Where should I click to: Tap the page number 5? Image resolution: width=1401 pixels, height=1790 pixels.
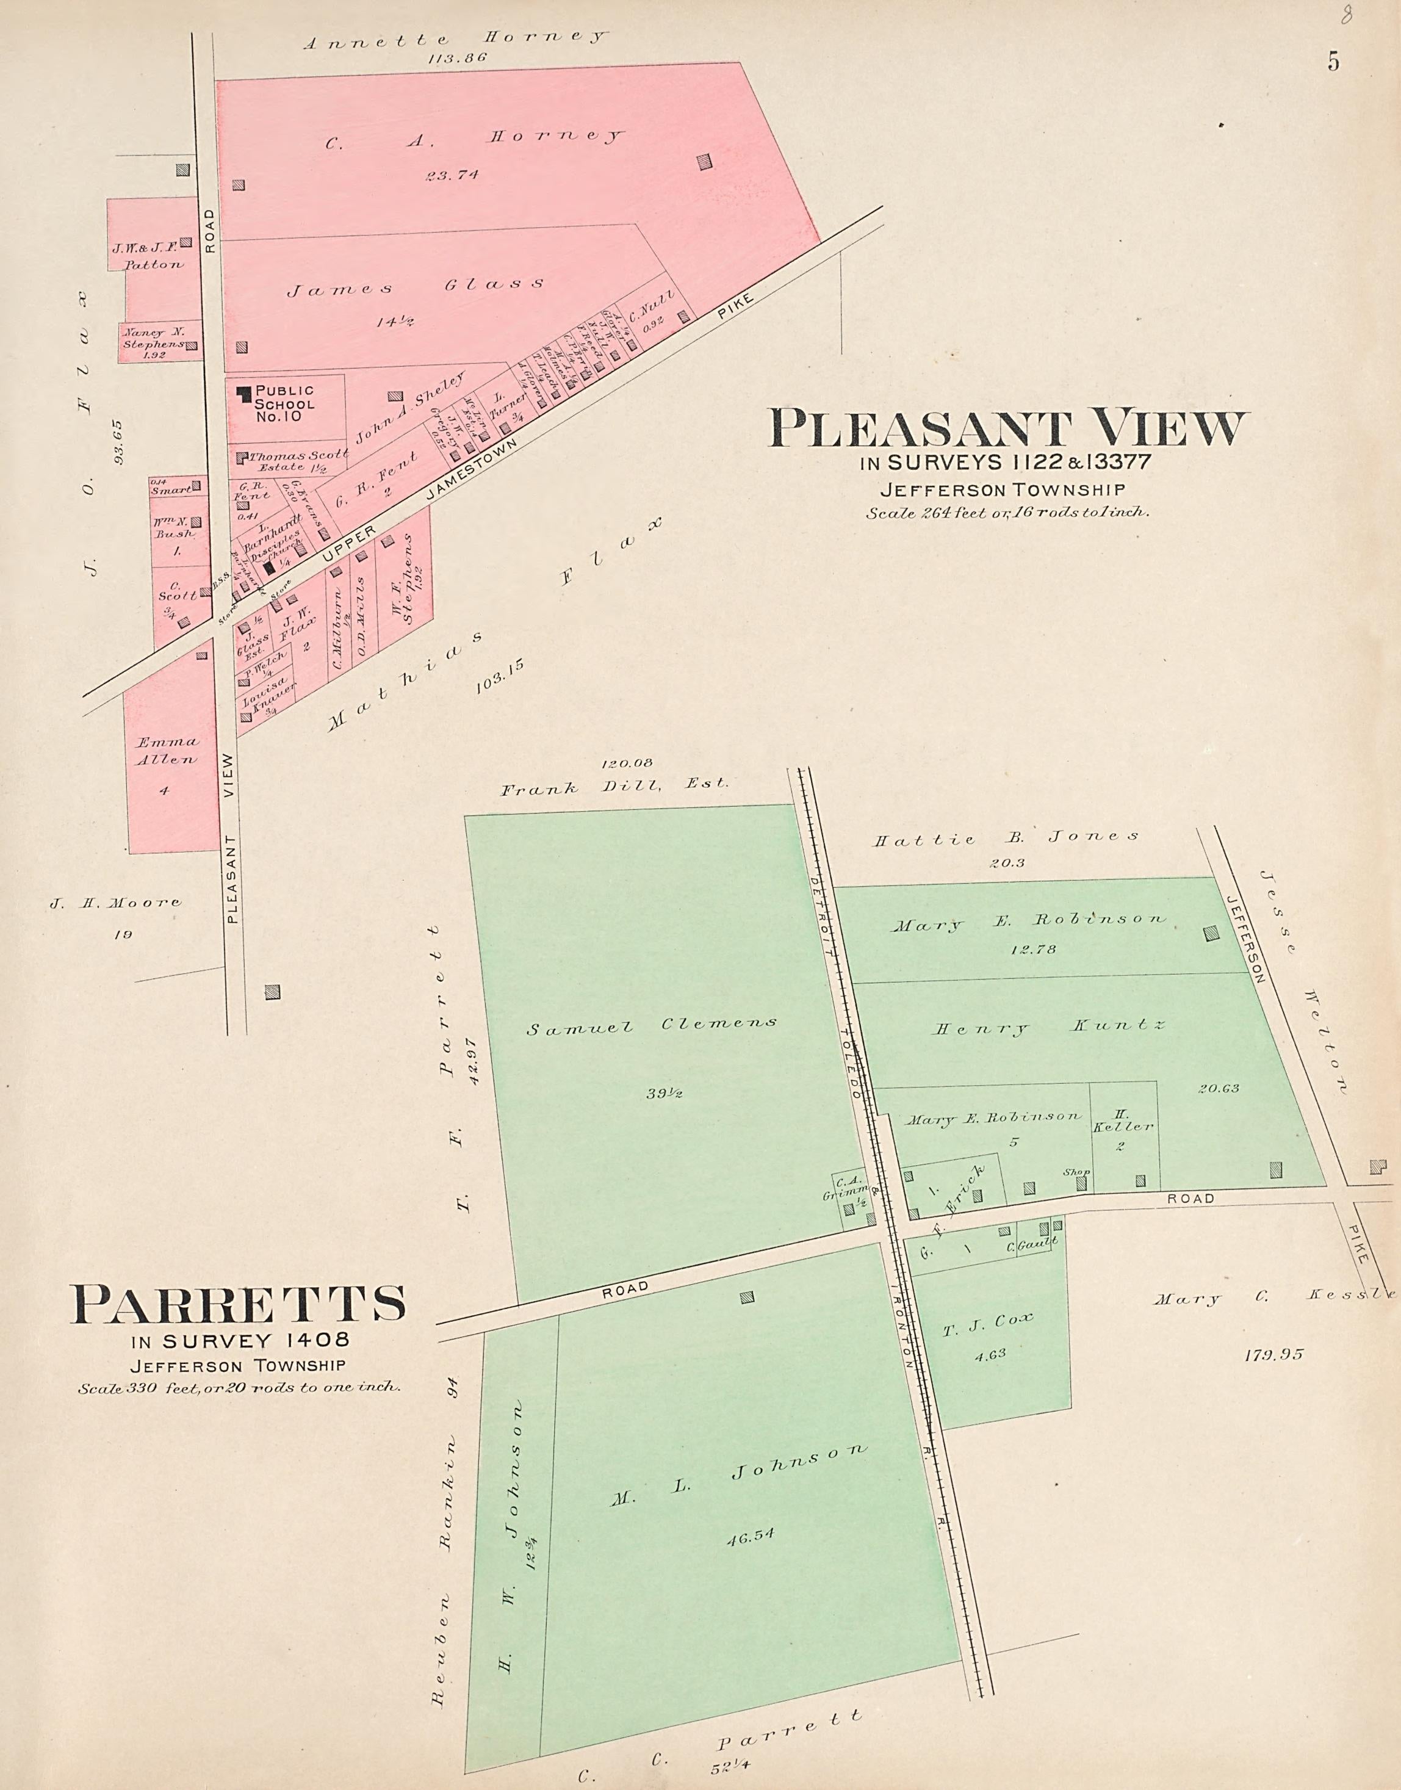[1334, 62]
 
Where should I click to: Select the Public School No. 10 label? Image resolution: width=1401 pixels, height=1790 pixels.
[284, 403]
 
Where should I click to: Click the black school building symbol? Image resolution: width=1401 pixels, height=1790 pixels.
[243, 394]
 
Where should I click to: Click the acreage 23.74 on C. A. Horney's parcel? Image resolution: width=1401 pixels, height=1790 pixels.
[453, 175]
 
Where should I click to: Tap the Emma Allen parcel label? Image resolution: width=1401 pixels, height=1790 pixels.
[167, 751]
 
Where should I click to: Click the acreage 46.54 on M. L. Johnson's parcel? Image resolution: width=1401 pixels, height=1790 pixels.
[750, 1537]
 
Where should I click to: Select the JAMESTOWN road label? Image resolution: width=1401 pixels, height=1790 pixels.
[472, 469]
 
